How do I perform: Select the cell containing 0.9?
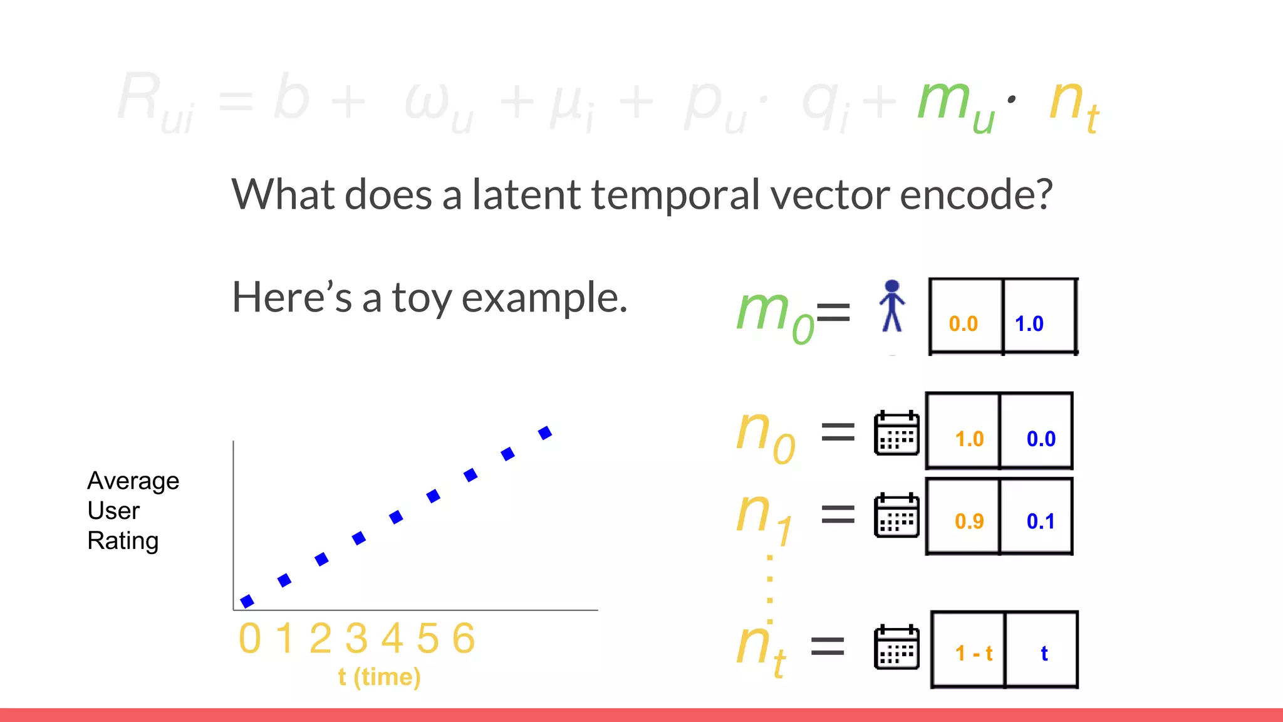click(x=963, y=517)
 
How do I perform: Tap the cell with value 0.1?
click(x=1037, y=517)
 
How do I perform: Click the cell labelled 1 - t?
click(x=969, y=650)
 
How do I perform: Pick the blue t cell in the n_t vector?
click(x=1042, y=650)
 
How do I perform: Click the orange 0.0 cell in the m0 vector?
click(x=965, y=317)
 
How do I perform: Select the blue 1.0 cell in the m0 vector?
click(x=1039, y=317)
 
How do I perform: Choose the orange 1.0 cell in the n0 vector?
click(x=963, y=431)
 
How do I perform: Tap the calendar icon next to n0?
click(x=896, y=433)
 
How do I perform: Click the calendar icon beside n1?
click(x=896, y=515)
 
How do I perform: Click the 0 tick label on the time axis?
click(x=249, y=639)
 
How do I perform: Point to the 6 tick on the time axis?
click(x=464, y=639)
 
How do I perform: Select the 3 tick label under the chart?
click(x=356, y=639)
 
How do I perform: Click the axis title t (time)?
click(x=379, y=677)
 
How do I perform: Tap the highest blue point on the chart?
click(x=545, y=432)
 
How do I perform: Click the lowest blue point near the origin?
click(x=247, y=601)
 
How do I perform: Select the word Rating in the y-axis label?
click(x=123, y=541)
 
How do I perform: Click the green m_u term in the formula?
click(x=955, y=103)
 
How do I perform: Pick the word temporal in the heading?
click(x=677, y=194)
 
